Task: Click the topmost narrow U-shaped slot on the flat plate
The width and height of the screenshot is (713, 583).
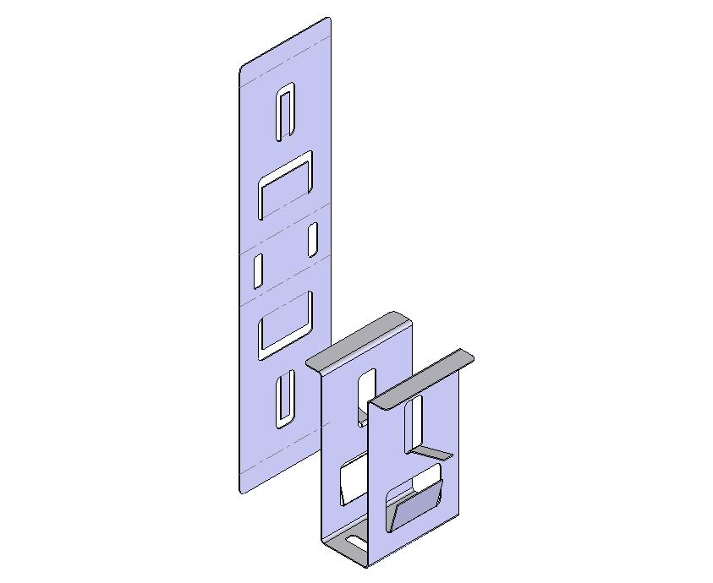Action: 285,112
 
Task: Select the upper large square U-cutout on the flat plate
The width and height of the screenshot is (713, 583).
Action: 286,184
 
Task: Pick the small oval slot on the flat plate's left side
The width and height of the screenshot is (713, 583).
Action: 258,270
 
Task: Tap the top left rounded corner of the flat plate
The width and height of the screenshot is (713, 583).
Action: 243,68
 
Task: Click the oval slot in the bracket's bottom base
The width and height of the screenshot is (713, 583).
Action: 354,541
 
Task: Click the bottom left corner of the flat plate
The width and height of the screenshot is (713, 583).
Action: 242,489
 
